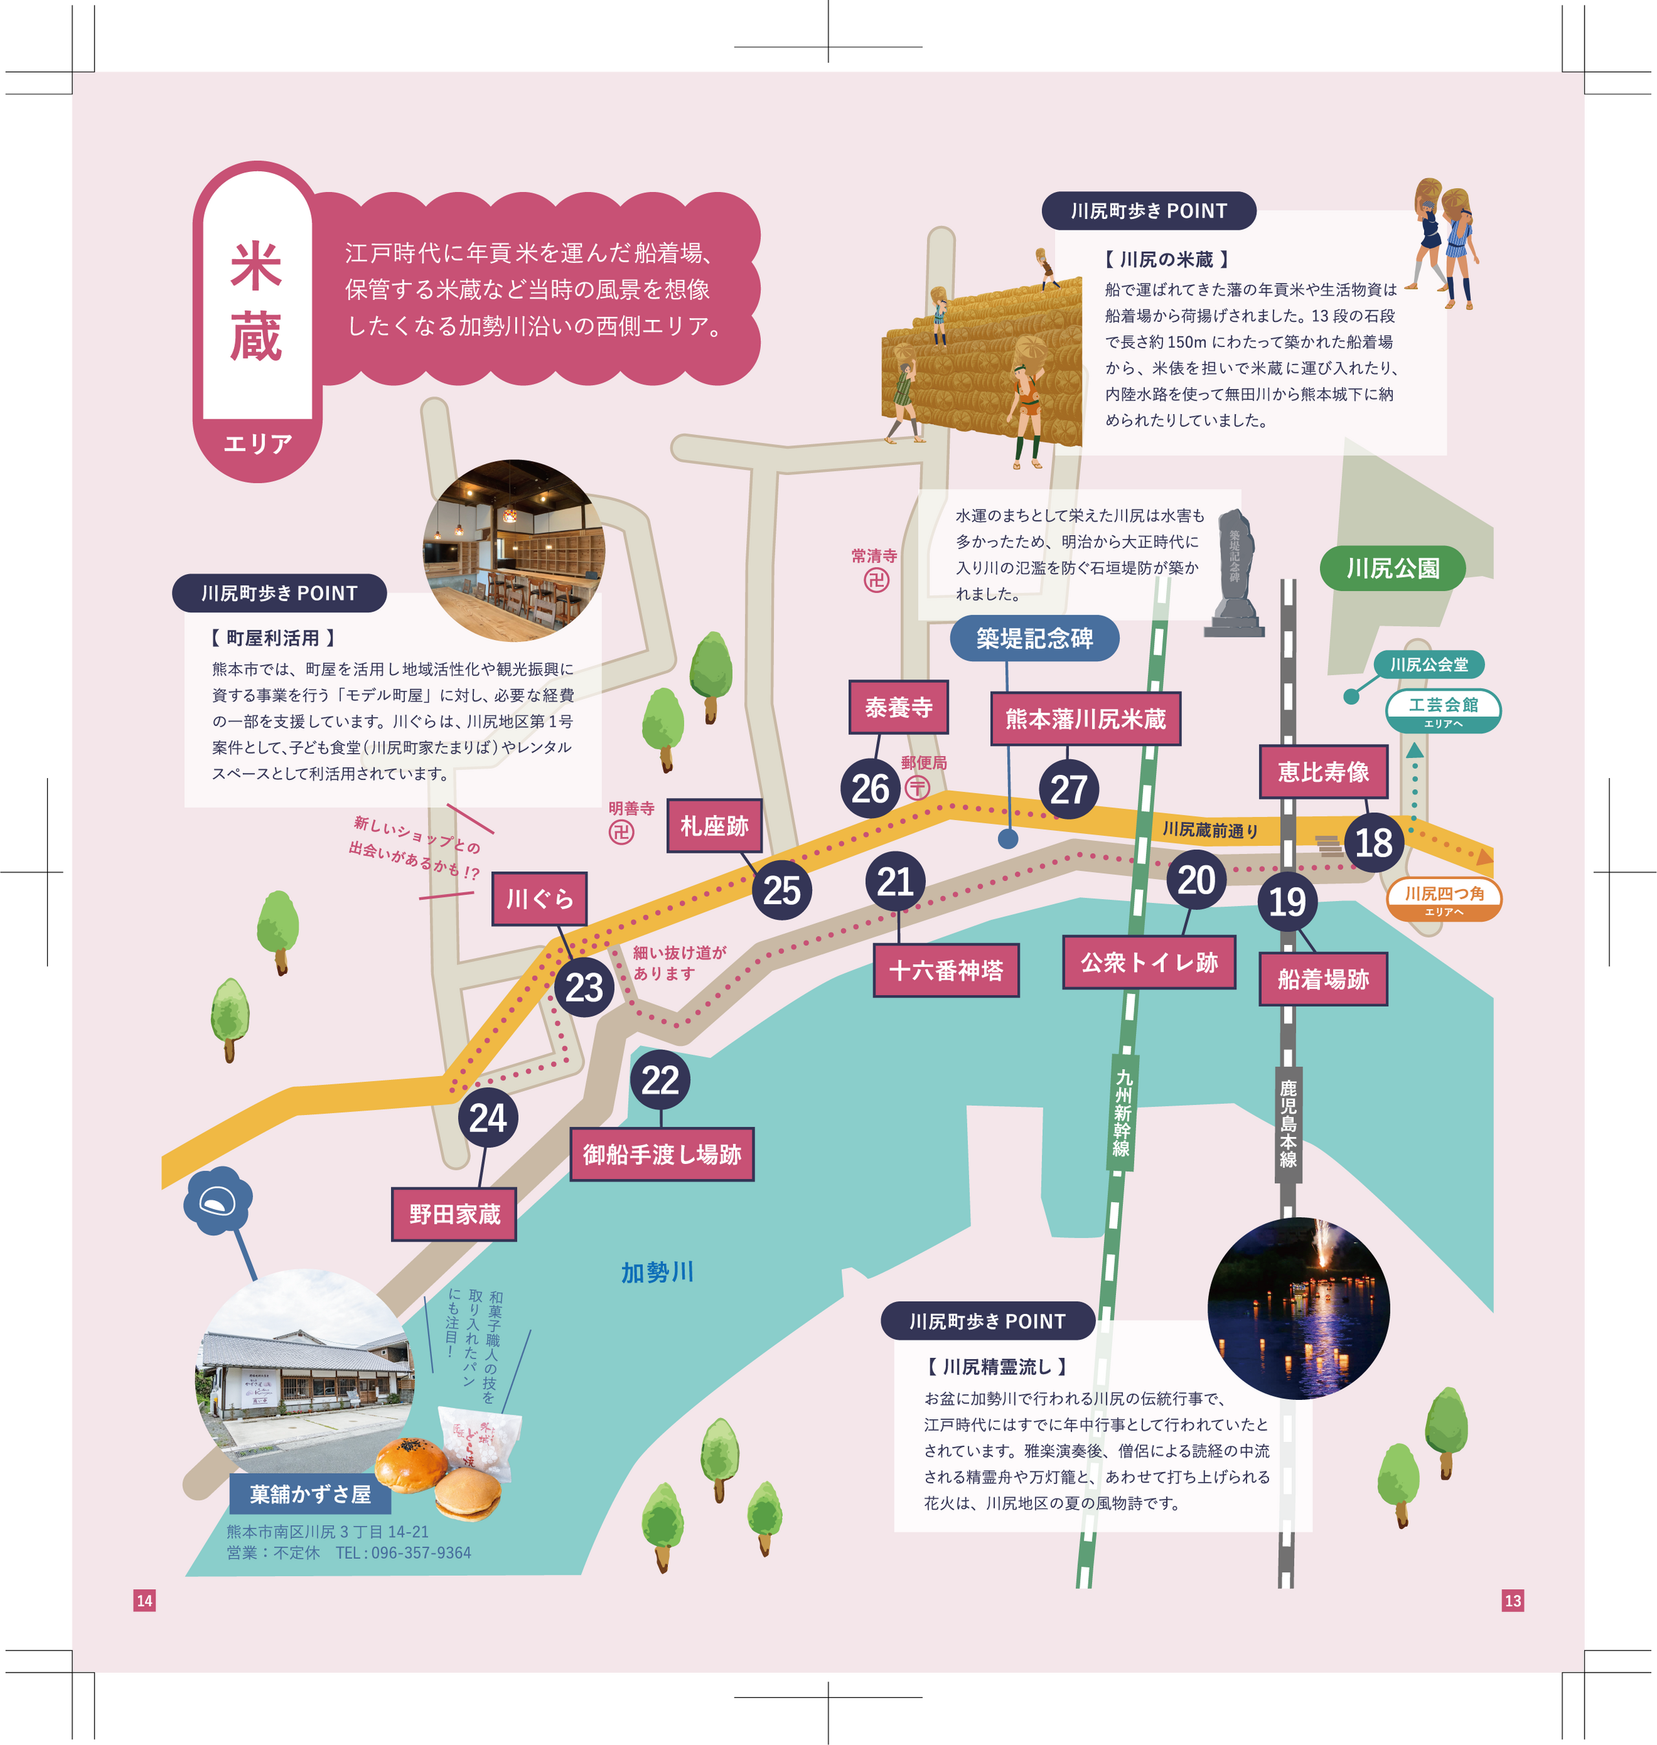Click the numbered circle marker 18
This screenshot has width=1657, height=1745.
click(1373, 843)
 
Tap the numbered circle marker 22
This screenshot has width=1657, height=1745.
click(660, 1080)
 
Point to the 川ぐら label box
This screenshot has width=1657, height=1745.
click(539, 899)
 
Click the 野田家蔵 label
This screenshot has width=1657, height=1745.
click(454, 1214)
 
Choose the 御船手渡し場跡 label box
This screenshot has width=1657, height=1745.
click(661, 1154)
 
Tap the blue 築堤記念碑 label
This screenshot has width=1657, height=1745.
click(1034, 638)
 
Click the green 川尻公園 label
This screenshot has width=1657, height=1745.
click(1392, 569)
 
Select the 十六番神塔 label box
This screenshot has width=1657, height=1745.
click(946, 971)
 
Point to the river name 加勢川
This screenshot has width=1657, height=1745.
click(657, 1273)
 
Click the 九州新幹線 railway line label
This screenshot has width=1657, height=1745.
click(1122, 1113)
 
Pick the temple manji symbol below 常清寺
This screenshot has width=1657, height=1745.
click(875, 580)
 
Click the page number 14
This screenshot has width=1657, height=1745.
click(145, 1600)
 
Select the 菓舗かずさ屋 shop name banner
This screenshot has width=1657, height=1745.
click(310, 1494)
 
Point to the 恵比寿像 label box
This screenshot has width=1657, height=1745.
click(1323, 772)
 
